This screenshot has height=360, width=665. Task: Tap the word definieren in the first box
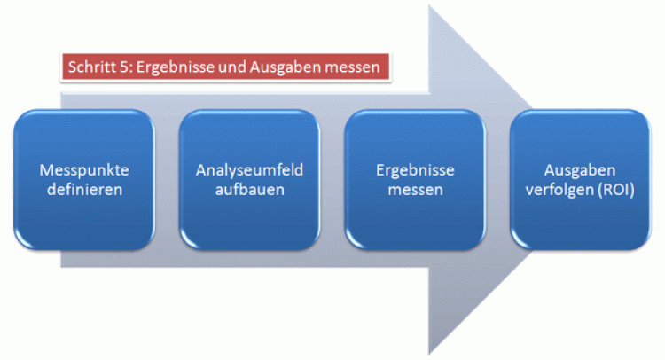coord(82,189)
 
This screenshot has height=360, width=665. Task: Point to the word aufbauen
coord(248,189)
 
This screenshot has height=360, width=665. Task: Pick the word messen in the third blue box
coord(415,189)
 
